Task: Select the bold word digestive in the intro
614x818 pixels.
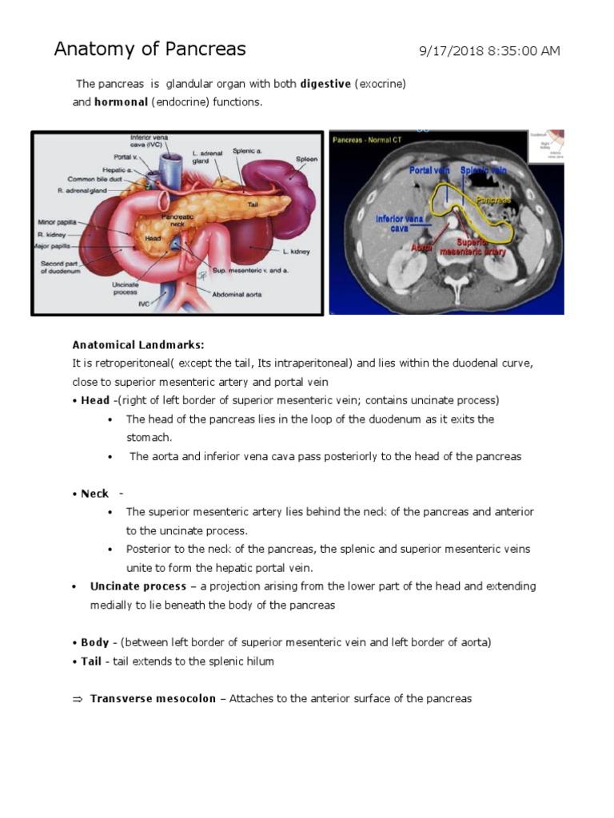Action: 325,84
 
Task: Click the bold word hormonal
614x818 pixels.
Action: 122,102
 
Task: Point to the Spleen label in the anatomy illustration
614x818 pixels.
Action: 305,159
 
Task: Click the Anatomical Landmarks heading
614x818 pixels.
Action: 138,345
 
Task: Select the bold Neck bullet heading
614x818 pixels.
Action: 94,494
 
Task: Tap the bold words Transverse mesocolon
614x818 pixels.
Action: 153,698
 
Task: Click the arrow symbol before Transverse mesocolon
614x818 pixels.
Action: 78,699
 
